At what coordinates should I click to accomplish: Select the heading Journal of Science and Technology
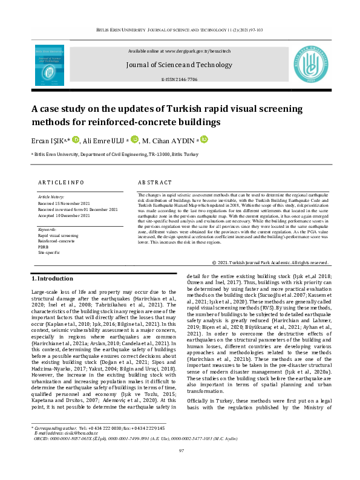[180, 64]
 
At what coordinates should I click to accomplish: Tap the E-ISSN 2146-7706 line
[180, 79]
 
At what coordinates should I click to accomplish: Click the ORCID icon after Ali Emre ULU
[135, 140]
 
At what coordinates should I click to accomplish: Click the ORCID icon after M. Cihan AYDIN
[204, 140]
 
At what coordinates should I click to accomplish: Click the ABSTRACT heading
[156, 182]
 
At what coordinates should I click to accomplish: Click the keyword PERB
[44, 247]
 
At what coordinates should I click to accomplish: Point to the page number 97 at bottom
[180, 467]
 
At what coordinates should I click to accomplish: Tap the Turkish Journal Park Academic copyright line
[270, 262]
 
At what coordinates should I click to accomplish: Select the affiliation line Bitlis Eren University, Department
[115, 154]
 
